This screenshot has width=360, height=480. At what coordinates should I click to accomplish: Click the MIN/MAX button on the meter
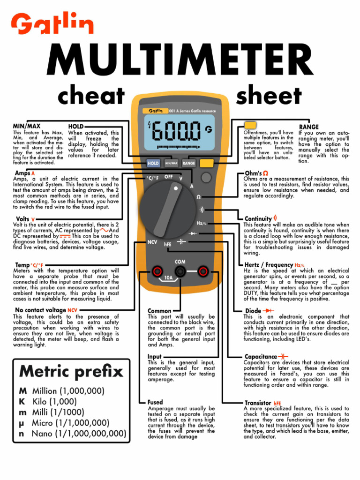point(171,164)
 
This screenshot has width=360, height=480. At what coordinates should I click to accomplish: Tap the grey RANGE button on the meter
point(188,164)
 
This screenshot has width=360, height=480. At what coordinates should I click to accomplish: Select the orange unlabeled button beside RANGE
point(206,163)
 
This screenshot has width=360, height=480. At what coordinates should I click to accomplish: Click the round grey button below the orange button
point(206,177)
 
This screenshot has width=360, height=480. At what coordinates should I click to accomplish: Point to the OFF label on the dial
point(169,177)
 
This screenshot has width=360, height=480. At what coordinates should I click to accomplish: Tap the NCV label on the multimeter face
point(152,242)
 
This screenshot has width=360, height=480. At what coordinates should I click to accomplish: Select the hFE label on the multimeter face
point(167,244)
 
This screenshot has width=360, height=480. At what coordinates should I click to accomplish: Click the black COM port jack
point(180,271)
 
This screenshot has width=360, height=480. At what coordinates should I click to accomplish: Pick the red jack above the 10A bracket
point(157,271)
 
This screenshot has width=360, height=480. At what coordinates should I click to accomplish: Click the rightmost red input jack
point(203,271)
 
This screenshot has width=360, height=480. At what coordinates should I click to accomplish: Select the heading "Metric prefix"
point(71,372)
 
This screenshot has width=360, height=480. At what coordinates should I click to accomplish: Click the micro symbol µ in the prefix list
point(21,423)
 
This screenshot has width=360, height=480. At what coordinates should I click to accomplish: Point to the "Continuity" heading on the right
point(258,219)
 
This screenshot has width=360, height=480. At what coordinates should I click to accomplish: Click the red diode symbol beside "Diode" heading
point(269,310)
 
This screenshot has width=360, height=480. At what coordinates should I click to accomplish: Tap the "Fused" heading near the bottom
point(155,402)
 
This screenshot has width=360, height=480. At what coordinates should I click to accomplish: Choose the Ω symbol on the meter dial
point(198,197)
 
